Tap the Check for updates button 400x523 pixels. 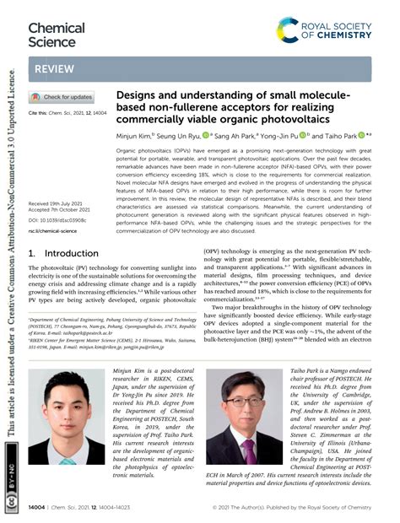(x=62, y=97)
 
